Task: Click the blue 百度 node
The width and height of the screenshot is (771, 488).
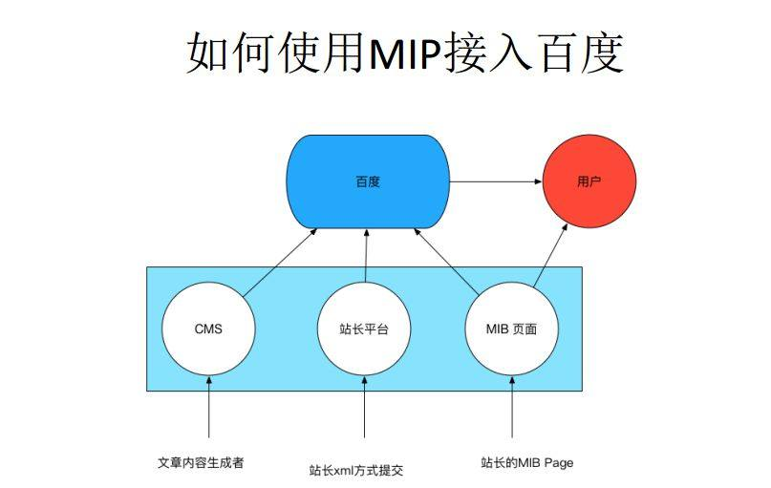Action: tap(368, 181)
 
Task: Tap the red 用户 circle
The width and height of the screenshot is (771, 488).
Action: tap(589, 181)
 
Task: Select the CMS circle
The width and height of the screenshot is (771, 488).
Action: tap(208, 329)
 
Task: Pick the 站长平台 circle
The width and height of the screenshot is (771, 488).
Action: tap(364, 329)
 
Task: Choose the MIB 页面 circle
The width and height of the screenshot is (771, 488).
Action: tap(512, 329)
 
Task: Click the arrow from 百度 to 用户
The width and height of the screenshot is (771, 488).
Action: tap(496, 181)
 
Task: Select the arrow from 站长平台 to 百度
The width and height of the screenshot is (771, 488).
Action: tap(365, 256)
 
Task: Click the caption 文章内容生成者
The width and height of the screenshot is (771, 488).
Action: tap(201, 462)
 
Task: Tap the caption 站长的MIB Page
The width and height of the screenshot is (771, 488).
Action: tap(526, 462)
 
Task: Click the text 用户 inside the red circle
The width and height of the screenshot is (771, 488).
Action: tap(589, 181)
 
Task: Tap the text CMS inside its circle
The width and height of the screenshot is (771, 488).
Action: tap(208, 329)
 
